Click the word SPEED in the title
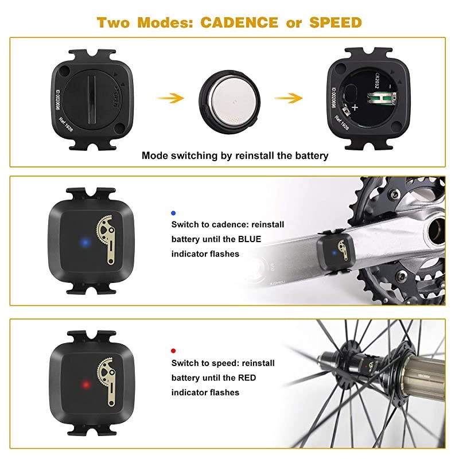336,22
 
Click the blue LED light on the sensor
85,242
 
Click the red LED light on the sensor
85,384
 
